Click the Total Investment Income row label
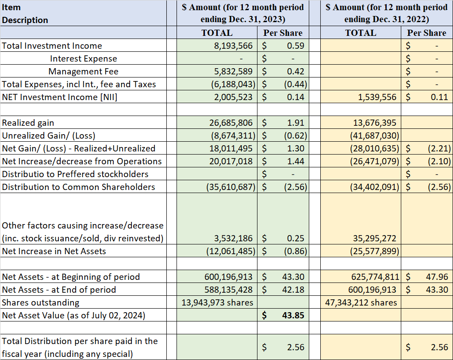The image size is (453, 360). (x=52, y=46)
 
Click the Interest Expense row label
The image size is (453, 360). (x=84, y=58)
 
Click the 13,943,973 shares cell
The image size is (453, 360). (x=218, y=302)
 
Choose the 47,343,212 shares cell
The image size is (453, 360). (x=361, y=302)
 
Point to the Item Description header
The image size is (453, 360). (x=25, y=14)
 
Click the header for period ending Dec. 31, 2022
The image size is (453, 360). (x=387, y=13)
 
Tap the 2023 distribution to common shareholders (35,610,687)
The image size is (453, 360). (x=231, y=187)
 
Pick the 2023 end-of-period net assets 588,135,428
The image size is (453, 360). (x=228, y=290)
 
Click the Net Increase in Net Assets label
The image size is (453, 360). (x=54, y=251)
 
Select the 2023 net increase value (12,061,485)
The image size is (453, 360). (x=231, y=251)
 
